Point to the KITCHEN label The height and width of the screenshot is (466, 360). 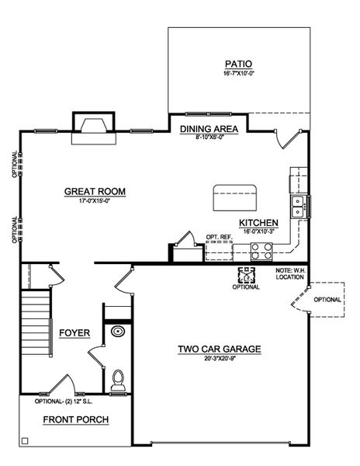pos(258,222)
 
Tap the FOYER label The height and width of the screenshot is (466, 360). pos(75,333)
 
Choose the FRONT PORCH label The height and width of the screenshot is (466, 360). pos(75,420)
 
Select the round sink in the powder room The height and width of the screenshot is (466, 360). pos(118,332)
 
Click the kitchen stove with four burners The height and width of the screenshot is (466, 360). pos(261,251)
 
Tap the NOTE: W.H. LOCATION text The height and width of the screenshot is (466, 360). pos(292,273)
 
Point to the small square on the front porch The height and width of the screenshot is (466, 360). pos(26,441)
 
